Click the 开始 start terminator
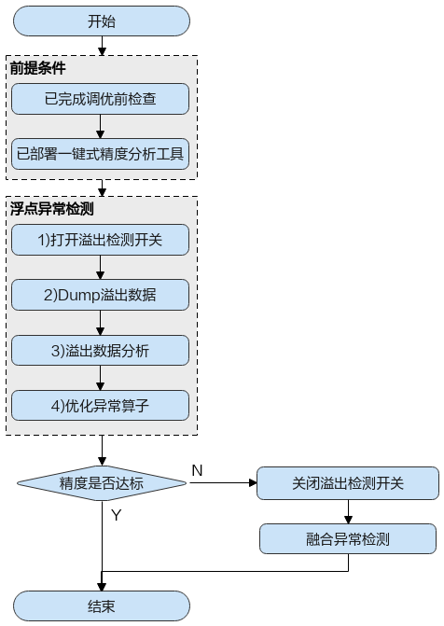click(x=102, y=21)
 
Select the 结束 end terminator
click(x=102, y=606)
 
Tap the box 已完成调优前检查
click(x=100, y=99)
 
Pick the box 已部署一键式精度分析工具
click(x=100, y=154)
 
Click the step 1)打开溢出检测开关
click(x=100, y=240)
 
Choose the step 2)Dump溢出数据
click(x=100, y=295)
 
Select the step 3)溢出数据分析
click(x=100, y=351)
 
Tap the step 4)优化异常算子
click(x=100, y=406)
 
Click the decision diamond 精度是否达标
click(x=102, y=483)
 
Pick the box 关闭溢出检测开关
click(x=348, y=483)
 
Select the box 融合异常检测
click(x=348, y=539)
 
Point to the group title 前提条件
click(x=38, y=68)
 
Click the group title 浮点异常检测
click(x=52, y=209)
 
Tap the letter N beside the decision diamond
click(x=197, y=470)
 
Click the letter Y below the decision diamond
click(x=117, y=515)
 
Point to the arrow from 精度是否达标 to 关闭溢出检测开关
click(x=223, y=483)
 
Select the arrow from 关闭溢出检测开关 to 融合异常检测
click(x=348, y=512)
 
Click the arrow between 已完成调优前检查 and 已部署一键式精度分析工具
click(x=100, y=127)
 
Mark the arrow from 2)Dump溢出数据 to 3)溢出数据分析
click(x=100, y=323)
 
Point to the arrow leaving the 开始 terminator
click(x=102, y=46)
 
